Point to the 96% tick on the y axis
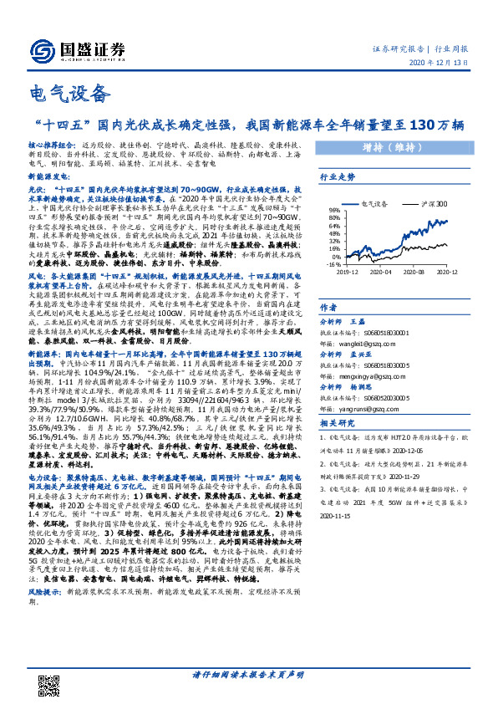(331, 211)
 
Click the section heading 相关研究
(338, 425)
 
